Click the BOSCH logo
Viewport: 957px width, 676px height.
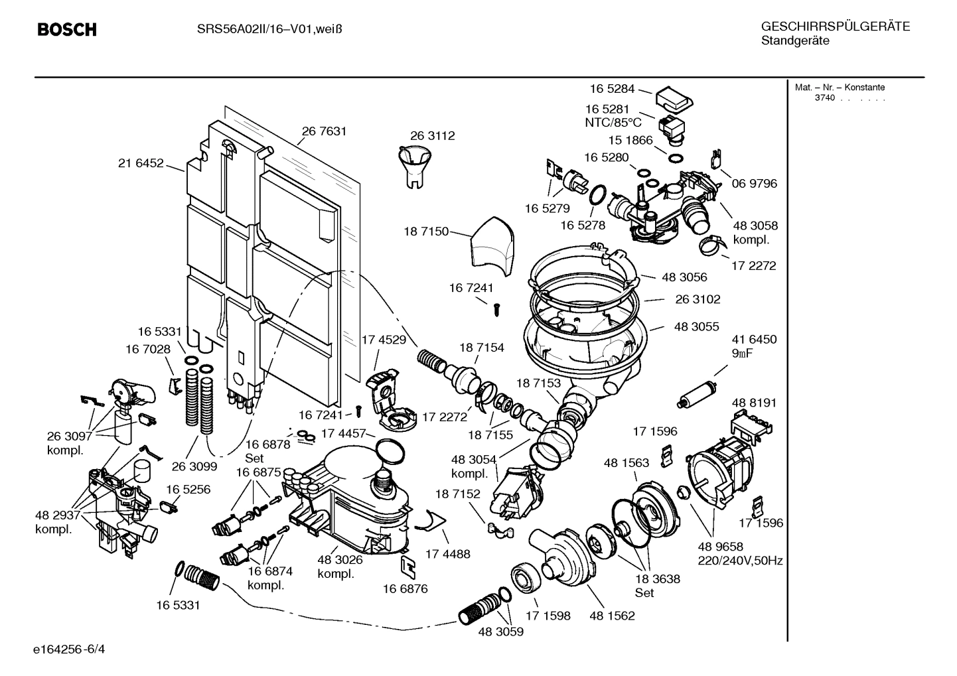coord(67,30)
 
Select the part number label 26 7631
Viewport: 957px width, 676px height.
coord(324,131)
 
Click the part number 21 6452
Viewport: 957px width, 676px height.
coord(141,163)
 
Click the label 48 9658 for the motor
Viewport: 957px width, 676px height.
coord(720,547)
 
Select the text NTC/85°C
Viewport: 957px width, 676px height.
coord(613,123)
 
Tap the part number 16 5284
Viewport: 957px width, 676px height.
coord(612,89)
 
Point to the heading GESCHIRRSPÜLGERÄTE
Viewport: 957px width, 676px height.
coord(835,27)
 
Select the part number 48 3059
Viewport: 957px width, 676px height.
coord(500,632)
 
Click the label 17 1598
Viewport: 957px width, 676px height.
coord(548,616)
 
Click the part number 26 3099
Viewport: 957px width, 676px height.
coord(194,466)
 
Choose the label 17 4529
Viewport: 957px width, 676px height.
coord(384,340)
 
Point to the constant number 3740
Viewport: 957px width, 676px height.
coord(825,98)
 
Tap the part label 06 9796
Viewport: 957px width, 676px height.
coord(754,184)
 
